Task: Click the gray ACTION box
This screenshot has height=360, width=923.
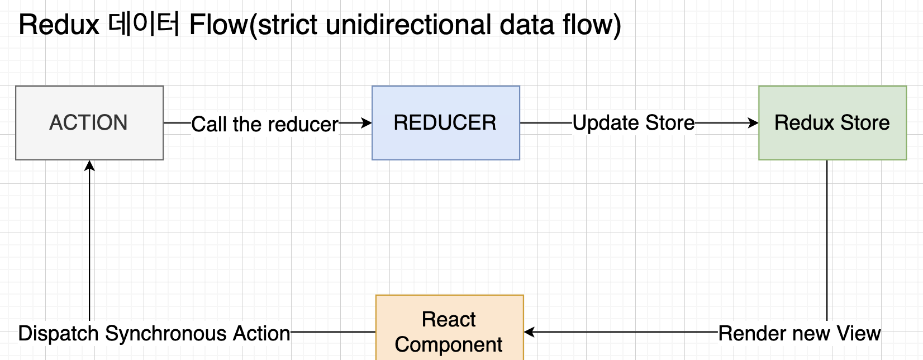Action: tap(89, 123)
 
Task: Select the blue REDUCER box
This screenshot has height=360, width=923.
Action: tap(446, 123)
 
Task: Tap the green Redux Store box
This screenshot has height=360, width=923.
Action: tap(832, 123)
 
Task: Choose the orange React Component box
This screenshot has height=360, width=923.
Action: tap(450, 328)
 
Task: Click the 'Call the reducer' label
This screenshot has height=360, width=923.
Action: tap(265, 124)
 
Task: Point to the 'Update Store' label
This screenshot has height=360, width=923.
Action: tap(634, 123)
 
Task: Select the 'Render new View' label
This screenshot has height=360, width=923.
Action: tap(800, 333)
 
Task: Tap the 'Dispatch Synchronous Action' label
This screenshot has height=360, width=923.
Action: tap(155, 333)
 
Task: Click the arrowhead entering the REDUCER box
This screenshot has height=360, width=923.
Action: tap(367, 123)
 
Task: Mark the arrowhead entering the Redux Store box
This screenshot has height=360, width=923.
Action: tap(753, 123)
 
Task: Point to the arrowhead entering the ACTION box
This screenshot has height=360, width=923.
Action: tap(89, 166)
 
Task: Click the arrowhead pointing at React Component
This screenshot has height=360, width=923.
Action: tap(530, 332)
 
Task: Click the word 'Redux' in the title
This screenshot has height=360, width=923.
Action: tap(59, 25)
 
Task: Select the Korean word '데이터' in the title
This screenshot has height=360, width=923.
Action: tap(144, 24)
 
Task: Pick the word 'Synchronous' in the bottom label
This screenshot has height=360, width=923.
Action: tap(165, 333)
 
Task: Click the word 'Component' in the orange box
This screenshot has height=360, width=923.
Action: tap(448, 344)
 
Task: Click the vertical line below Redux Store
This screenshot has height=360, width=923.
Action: tap(827, 240)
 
